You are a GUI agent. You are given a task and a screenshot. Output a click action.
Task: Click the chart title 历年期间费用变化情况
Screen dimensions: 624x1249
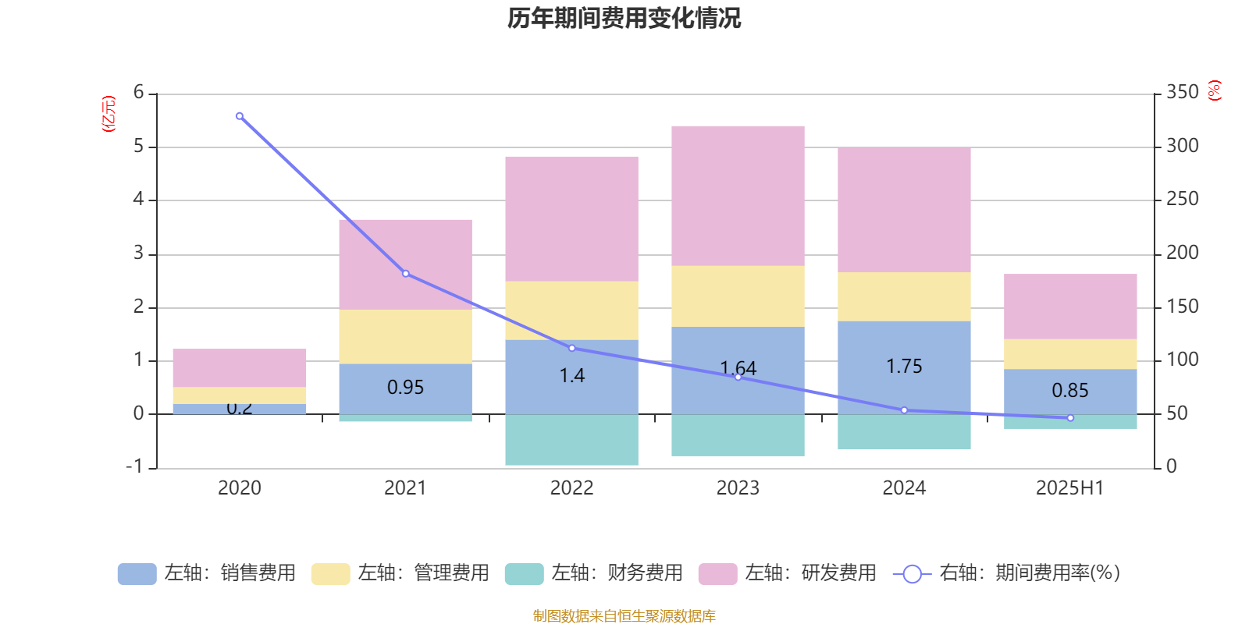pos(624,18)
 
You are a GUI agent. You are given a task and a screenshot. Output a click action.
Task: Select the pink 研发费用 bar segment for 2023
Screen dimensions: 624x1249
pos(738,196)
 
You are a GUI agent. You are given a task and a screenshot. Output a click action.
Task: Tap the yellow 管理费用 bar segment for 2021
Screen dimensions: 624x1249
pos(405,336)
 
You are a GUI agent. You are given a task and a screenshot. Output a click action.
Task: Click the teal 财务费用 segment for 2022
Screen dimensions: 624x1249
pos(571,440)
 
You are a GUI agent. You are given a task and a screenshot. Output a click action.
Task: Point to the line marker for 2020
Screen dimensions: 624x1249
pos(239,116)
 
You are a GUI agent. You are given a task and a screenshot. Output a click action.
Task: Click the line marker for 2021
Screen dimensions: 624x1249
pos(406,274)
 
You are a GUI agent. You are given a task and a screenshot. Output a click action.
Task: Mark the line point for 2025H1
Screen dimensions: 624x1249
pos(1070,418)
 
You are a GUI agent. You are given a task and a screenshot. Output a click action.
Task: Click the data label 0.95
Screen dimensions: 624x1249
pos(405,387)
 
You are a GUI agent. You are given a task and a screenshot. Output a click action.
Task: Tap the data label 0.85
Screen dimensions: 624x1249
pos(1069,390)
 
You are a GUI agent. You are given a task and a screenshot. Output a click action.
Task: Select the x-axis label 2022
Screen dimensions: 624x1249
pos(571,487)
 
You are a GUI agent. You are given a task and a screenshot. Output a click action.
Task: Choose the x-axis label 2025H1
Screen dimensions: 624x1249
pos(1069,487)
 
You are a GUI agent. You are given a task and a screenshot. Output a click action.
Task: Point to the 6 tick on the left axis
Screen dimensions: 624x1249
pos(139,92)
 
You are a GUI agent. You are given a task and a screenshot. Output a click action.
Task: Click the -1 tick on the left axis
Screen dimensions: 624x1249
pos(135,466)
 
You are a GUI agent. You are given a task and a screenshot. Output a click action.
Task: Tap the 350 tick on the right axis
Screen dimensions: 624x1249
pos(1182,92)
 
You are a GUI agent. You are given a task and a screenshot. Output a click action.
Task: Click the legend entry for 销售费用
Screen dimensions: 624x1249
pos(208,573)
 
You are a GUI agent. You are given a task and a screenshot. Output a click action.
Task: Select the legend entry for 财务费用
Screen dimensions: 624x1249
pos(594,573)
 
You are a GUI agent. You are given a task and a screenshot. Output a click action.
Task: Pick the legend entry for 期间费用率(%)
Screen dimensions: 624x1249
pos(1007,573)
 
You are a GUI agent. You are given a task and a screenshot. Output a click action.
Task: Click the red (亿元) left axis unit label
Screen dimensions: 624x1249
pos(109,114)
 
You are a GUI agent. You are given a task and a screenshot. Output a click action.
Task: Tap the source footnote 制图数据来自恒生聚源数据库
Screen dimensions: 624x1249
pos(624,616)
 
